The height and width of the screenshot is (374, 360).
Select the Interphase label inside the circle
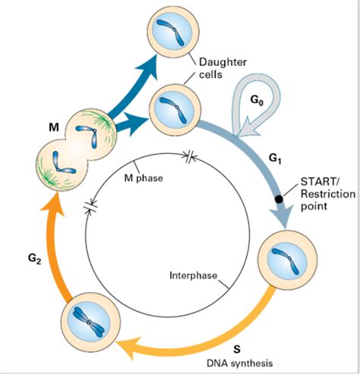[191, 274]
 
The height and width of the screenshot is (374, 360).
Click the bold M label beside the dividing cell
[52, 127]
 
